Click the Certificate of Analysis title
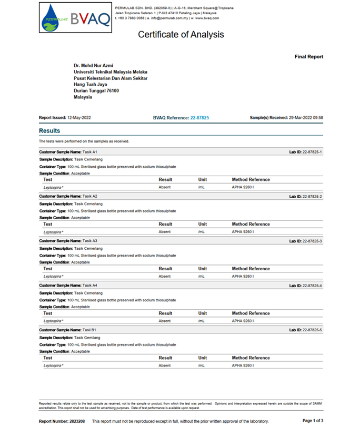coord(181,35)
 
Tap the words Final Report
coord(308,57)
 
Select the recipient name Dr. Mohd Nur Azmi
coord(93,66)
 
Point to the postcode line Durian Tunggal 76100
coord(96,91)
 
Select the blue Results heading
coord(49,131)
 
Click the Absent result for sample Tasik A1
coord(165,187)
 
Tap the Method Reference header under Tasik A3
coord(251,269)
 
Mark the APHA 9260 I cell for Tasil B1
coord(243,365)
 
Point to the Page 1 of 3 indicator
coord(313,421)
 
